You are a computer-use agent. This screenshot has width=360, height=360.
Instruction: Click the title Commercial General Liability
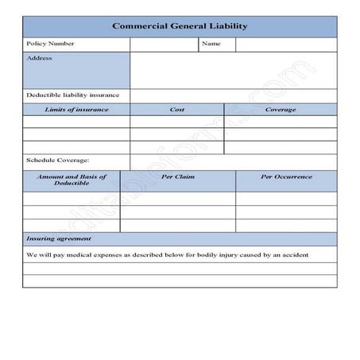180,26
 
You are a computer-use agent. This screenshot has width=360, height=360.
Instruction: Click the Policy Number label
50,44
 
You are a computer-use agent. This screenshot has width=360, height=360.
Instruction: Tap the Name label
211,44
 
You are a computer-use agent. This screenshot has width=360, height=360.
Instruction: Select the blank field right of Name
285,44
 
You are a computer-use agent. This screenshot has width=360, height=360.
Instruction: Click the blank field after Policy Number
164,44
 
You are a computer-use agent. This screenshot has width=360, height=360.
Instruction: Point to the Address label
39,58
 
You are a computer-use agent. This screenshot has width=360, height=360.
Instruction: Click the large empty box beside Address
233,70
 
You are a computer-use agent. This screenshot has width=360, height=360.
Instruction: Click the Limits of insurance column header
76,109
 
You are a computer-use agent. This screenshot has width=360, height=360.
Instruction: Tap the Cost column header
177,109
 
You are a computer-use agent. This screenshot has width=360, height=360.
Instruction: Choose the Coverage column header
281,109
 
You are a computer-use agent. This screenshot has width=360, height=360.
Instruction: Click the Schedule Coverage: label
58,161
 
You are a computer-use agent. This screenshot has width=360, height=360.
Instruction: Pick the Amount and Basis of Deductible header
72,180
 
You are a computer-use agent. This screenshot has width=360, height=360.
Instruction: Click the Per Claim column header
177,176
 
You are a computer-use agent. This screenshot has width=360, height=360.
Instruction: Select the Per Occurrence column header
286,176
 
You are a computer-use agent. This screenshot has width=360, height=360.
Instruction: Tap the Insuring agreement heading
59,238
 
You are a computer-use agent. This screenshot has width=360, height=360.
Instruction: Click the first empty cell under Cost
177,122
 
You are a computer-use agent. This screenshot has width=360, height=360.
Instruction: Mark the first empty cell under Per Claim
177,198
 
